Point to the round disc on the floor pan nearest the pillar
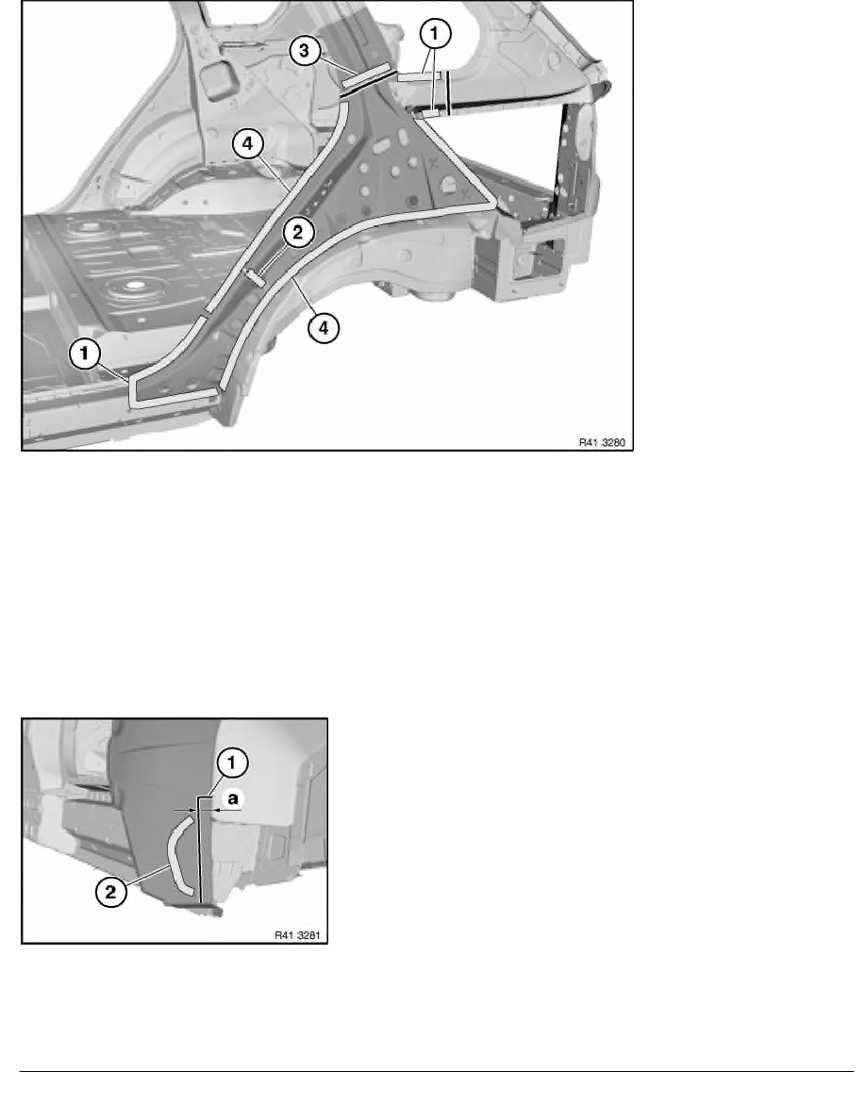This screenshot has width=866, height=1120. (131, 287)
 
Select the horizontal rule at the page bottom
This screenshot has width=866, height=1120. (435, 1070)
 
